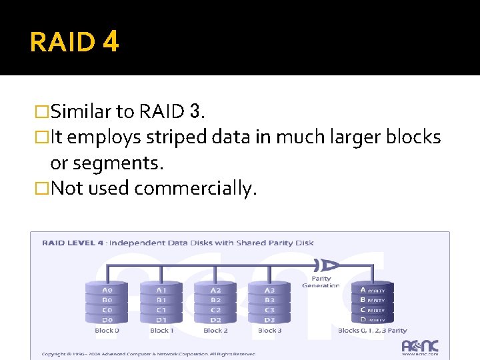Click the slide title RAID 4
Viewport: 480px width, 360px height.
click(x=74, y=42)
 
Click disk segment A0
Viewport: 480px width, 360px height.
click(x=107, y=290)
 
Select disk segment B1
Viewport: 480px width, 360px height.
click(x=161, y=300)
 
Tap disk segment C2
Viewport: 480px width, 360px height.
click(x=215, y=310)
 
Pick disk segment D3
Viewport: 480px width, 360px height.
click(x=269, y=320)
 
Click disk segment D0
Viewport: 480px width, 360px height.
click(x=107, y=320)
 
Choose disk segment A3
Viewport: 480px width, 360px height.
click(x=269, y=290)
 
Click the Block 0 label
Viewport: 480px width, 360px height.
click(x=107, y=331)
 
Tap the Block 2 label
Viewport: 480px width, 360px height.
click(x=215, y=331)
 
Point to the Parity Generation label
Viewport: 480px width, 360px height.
click(x=321, y=281)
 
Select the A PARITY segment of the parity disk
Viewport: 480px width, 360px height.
click(x=372, y=290)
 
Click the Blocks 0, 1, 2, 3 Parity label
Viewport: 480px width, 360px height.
click(x=373, y=331)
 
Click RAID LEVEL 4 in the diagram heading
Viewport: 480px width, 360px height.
click(x=72, y=243)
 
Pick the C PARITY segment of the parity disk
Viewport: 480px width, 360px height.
click(x=372, y=310)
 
